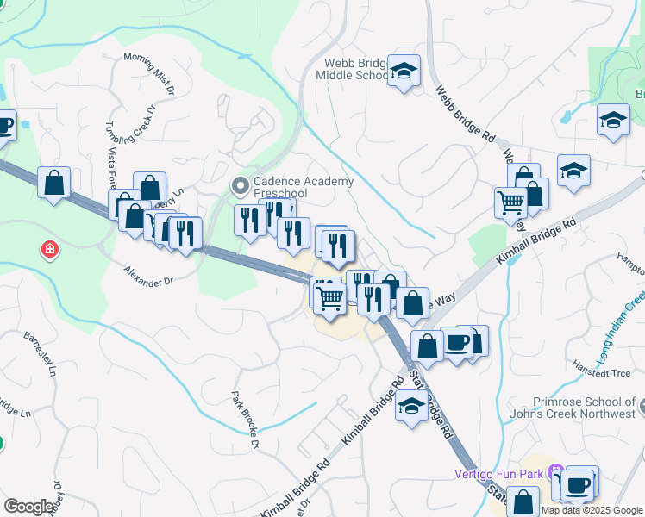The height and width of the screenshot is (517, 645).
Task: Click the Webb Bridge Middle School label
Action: pyautogui.click(x=356, y=69)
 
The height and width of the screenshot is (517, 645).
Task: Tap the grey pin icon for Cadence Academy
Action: pyautogui.click(x=241, y=184)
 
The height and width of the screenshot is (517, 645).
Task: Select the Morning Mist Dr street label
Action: pyautogui.click(x=150, y=73)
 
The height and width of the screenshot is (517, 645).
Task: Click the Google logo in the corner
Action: pyautogui.click(x=28, y=507)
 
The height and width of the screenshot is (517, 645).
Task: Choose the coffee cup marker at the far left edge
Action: pyautogui.click(x=4, y=127)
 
